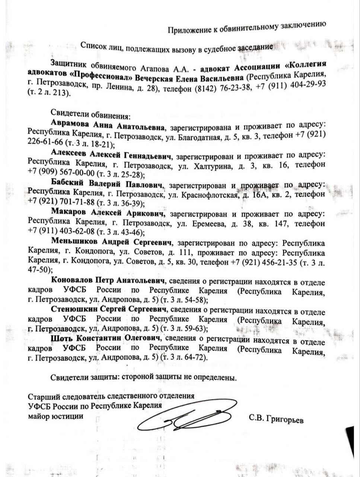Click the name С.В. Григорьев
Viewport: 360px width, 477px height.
coord(277,420)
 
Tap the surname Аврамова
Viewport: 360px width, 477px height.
coord(69,124)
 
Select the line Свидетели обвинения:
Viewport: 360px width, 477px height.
coord(91,114)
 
